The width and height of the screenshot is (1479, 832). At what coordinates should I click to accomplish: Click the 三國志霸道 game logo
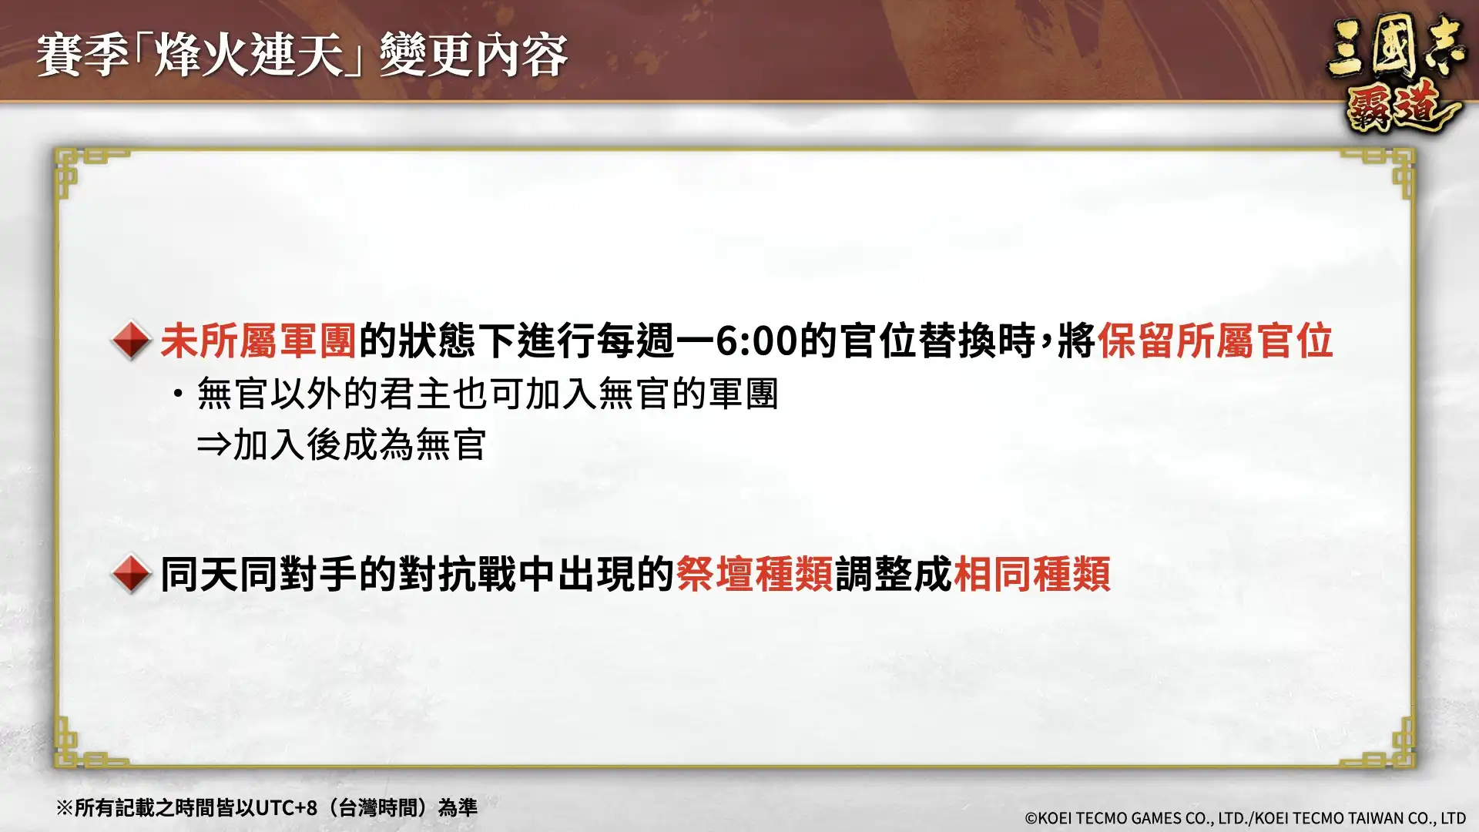click(1395, 75)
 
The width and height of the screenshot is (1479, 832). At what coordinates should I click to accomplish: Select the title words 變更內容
click(473, 55)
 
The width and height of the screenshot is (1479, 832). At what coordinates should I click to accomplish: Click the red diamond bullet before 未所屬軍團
click(131, 341)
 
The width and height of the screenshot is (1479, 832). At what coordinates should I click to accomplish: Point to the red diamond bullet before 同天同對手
click(131, 574)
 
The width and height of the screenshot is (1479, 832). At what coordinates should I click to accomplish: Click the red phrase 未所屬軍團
click(258, 341)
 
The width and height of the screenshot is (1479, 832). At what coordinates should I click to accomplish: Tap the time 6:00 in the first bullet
click(756, 341)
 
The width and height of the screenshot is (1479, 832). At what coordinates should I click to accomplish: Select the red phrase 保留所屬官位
click(1215, 341)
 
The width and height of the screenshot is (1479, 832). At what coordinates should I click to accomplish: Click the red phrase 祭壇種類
click(755, 574)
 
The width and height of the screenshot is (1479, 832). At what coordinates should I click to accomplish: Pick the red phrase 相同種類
click(1032, 574)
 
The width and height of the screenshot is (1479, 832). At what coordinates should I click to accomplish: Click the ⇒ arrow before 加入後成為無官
click(213, 445)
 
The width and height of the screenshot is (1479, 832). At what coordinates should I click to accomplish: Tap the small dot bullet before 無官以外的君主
click(179, 394)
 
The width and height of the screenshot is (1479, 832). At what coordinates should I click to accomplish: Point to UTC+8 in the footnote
click(286, 807)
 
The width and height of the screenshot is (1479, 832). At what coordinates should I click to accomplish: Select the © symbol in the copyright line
click(1031, 818)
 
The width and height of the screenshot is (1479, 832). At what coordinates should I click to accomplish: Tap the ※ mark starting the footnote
click(64, 807)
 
